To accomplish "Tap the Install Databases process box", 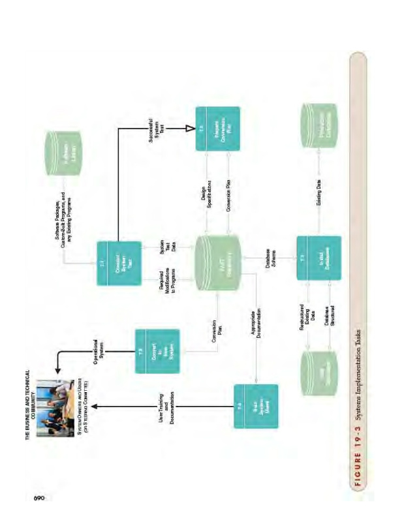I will (319, 258).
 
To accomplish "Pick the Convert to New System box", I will (157, 350).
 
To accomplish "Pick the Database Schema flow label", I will (271, 259).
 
